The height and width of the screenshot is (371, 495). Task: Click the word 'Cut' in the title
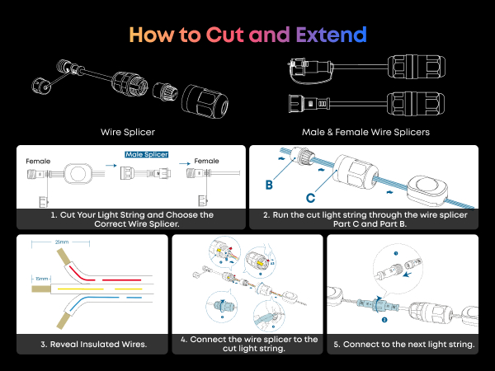tap(225, 35)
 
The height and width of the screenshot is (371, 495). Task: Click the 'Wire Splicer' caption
tap(128, 130)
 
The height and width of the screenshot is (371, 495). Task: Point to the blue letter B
tap(269, 185)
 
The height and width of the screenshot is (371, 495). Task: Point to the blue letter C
tap(310, 198)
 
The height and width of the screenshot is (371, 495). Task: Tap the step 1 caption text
tap(130, 218)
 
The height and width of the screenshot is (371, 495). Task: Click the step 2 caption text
tap(364, 218)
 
